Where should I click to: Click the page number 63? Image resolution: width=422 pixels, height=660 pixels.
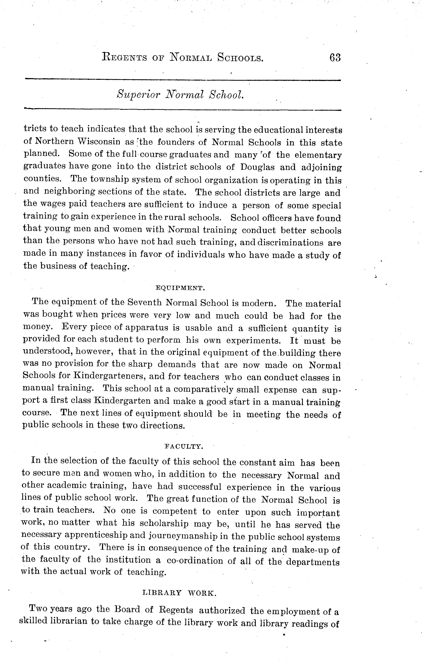click(335, 58)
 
